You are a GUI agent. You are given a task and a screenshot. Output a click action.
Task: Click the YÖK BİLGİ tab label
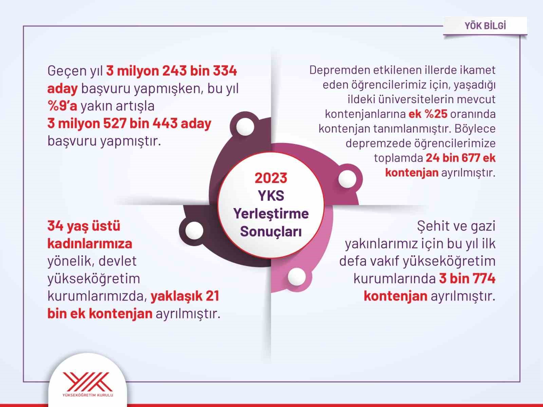click(x=485, y=26)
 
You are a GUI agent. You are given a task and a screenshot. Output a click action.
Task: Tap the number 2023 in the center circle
click(x=271, y=178)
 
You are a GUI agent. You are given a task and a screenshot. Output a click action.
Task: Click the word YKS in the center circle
click(x=271, y=196)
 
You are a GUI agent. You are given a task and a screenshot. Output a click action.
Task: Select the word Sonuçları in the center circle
click(x=271, y=232)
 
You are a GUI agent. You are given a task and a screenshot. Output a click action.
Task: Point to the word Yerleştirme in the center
click(x=271, y=214)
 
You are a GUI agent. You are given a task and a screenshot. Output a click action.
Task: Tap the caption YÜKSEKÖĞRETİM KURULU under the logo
click(x=88, y=395)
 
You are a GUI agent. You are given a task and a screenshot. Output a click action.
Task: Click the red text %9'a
click(x=62, y=106)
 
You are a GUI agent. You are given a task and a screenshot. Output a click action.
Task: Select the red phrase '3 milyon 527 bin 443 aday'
click(x=129, y=124)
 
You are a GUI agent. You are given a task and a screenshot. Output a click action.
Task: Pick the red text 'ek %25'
click(x=428, y=114)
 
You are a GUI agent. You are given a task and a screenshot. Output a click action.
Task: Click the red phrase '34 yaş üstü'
click(x=84, y=226)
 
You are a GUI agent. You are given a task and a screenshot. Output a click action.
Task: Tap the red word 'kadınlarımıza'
click(x=90, y=244)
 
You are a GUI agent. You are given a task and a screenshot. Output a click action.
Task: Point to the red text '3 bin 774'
click(x=467, y=279)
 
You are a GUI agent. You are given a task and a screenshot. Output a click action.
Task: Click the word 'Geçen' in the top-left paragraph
click(x=67, y=71)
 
